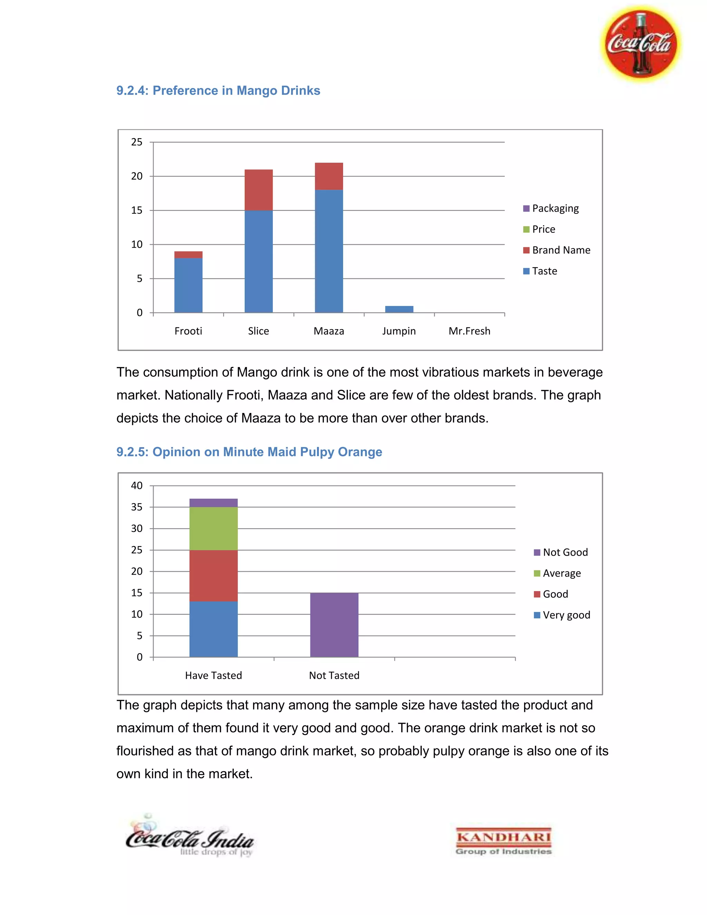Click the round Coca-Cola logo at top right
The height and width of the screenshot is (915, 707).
tap(640, 44)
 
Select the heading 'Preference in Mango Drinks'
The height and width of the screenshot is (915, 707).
tap(218, 90)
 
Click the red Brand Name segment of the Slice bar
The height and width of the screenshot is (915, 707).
tap(259, 190)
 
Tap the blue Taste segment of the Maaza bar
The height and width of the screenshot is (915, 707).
tap(329, 251)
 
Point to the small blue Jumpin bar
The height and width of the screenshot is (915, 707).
tap(399, 309)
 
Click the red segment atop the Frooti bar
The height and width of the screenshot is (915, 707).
tap(188, 255)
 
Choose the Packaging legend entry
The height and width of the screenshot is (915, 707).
tap(551, 208)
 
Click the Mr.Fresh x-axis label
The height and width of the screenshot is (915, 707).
tap(469, 331)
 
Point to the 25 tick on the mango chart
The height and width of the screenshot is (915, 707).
tap(137, 142)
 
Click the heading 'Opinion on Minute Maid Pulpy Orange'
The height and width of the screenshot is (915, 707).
tap(249, 452)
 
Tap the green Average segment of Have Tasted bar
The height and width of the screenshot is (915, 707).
tap(213, 528)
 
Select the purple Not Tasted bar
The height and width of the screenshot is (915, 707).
tap(334, 625)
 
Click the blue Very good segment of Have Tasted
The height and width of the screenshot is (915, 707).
tap(213, 629)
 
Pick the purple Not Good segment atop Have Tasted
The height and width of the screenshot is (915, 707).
tap(213, 503)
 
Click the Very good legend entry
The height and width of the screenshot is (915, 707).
tap(562, 615)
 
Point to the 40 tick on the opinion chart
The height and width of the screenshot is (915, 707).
tap(137, 485)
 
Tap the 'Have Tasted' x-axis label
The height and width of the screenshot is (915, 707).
tap(213, 675)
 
